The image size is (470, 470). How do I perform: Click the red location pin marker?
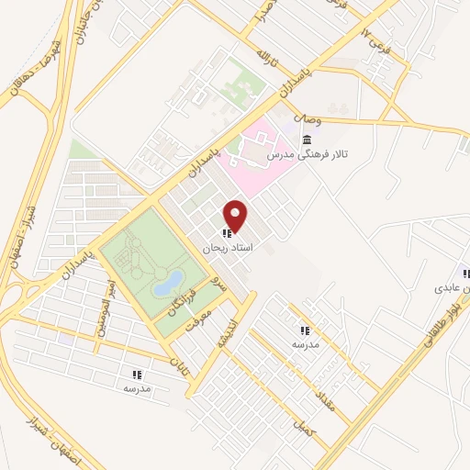point(237,217)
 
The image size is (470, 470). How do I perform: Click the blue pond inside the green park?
point(168,283)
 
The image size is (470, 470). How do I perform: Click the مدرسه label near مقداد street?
point(305,344)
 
